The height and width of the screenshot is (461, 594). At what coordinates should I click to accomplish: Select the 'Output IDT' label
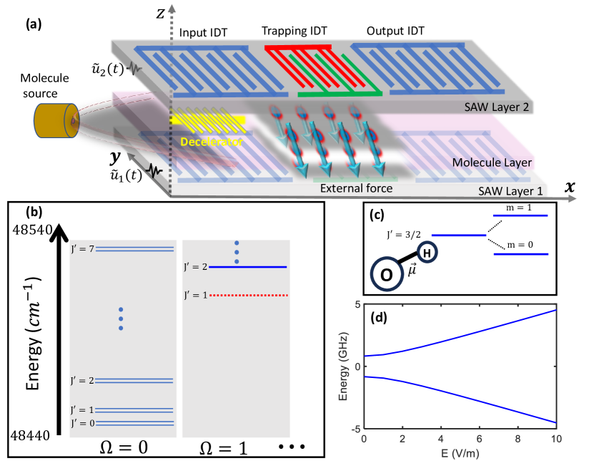click(x=395, y=32)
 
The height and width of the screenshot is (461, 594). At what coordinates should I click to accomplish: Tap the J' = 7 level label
click(x=83, y=249)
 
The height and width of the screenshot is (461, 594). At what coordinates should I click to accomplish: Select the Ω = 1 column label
click(x=234, y=447)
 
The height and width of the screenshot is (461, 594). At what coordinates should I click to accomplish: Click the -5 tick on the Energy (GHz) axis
click(x=355, y=429)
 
